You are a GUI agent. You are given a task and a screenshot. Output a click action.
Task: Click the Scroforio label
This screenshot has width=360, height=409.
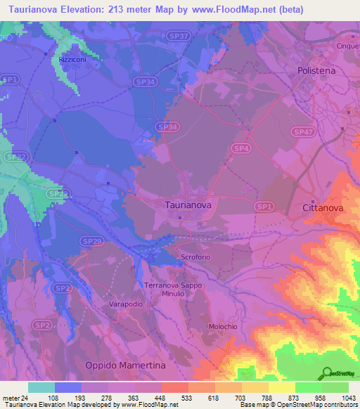pos(198,257)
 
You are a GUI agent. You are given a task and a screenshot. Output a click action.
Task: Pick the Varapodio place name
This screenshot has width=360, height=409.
pos(127,304)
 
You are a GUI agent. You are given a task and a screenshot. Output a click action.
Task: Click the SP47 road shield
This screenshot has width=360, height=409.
pos(303,132)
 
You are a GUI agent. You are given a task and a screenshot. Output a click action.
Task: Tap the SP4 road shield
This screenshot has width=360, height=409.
pos(241,148)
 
